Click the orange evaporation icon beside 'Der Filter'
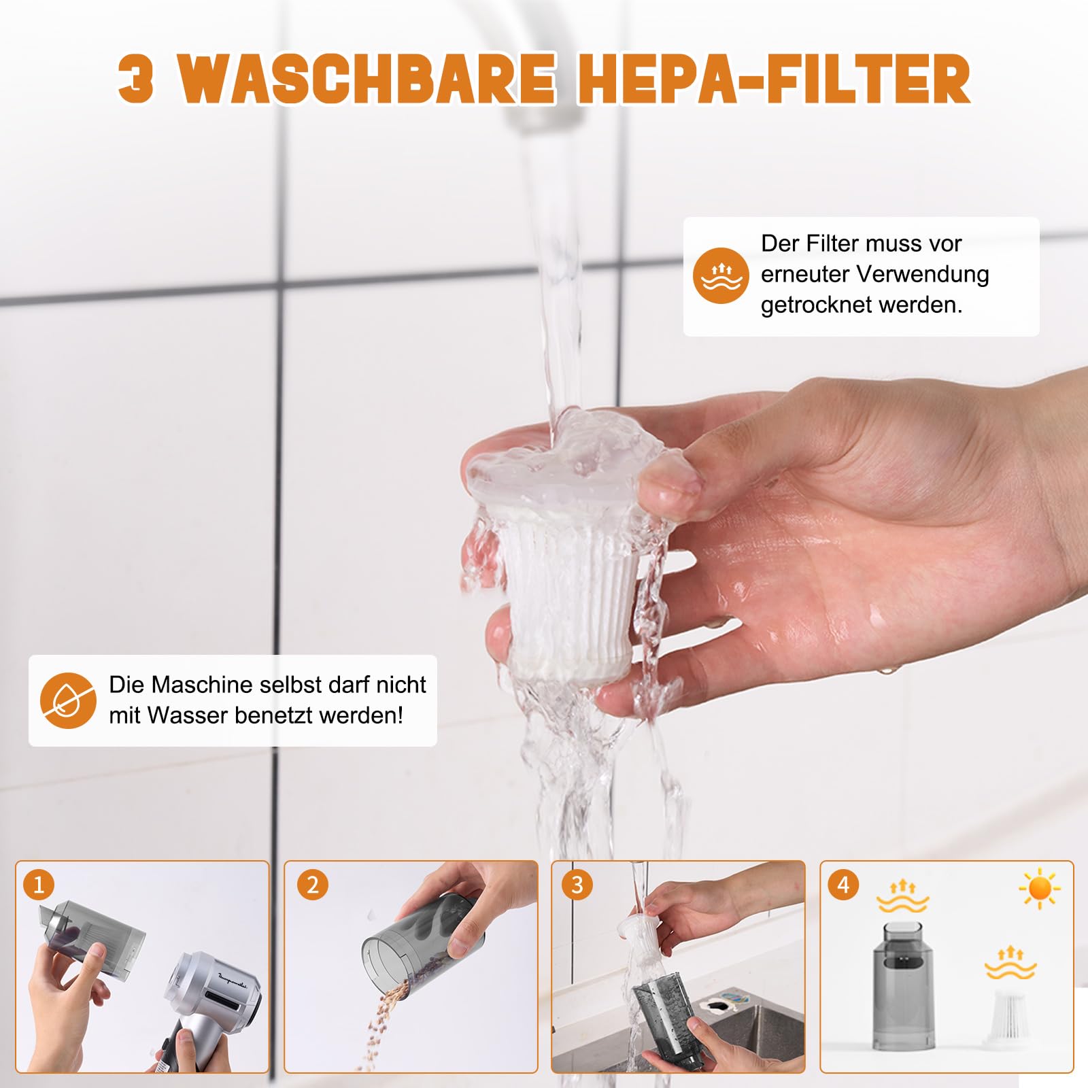721,275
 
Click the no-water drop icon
68,700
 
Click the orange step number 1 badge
39,885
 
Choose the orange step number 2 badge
312,885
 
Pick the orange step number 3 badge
577,885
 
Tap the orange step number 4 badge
843,885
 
